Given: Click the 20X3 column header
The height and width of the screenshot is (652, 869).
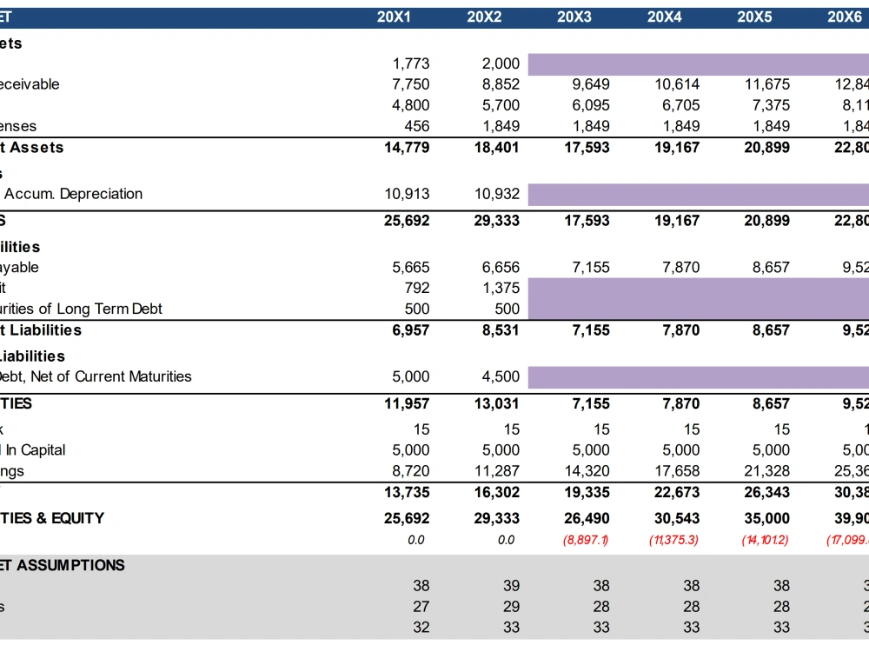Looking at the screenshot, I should pyautogui.click(x=574, y=17).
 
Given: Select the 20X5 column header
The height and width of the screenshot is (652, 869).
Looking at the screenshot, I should pyautogui.click(x=754, y=17).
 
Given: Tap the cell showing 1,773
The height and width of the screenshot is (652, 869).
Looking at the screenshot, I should pyautogui.click(x=411, y=63).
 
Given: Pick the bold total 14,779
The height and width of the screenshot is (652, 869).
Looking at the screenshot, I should pyautogui.click(x=407, y=147).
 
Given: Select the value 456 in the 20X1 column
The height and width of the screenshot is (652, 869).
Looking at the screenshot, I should pyautogui.click(x=417, y=126).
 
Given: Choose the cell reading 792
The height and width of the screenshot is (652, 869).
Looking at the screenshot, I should pyautogui.click(x=417, y=288).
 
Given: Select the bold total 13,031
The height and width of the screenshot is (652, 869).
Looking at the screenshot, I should pyautogui.click(x=496, y=403).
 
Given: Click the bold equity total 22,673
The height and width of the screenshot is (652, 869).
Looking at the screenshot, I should pyautogui.click(x=677, y=491).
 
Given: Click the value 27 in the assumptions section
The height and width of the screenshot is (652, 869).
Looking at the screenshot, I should pyautogui.click(x=421, y=607).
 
